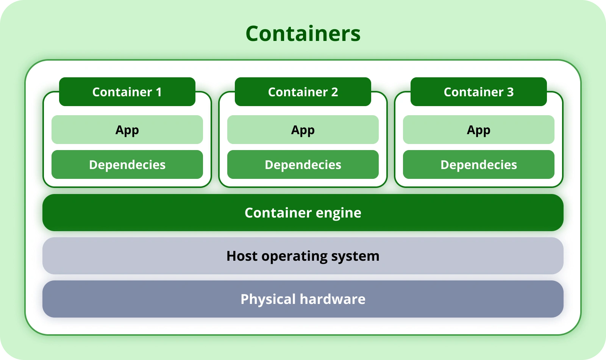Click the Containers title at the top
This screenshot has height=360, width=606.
(x=303, y=34)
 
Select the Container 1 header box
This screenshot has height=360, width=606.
(x=127, y=92)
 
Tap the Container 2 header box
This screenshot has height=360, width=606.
(x=303, y=92)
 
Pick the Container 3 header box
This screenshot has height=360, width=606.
(x=479, y=92)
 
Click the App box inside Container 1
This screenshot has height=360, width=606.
(x=127, y=130)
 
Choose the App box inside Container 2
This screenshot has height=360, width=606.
(x=303, y=130)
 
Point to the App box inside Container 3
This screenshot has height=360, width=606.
(x=479, y=130)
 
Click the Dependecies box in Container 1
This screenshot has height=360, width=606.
(x=127, y=164)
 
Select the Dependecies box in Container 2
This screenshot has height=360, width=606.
(x=303, y=164)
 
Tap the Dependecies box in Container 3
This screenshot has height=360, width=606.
(x=479, y=164)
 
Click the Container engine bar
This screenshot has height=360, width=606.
(x=303, y=213)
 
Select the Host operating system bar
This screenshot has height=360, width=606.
(x=303, y=256)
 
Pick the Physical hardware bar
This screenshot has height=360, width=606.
(x=303, y=299)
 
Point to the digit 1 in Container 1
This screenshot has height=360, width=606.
(x=159, y=92)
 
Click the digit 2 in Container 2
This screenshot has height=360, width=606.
(x=334, y=92)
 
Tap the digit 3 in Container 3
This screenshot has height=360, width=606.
(x=510, y=92)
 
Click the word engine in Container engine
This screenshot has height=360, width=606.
(x=339, y=213)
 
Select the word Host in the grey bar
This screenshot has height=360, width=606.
(x=242, y=256)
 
